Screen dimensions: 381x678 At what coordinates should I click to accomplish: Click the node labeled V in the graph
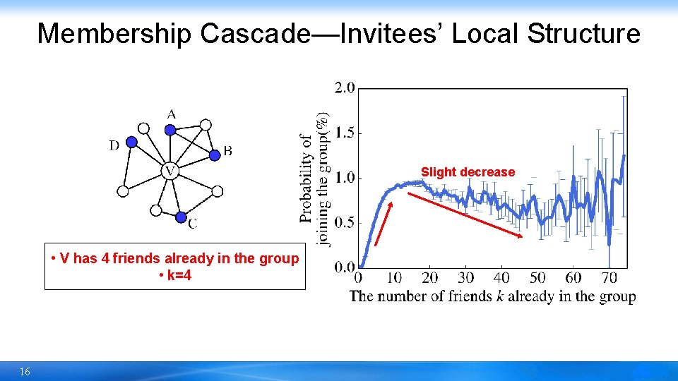(169, 171)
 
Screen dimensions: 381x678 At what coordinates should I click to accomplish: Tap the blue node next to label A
(169, 129)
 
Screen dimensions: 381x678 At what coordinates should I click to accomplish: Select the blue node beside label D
(131, 142)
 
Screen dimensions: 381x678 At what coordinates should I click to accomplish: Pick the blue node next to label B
(215, 155)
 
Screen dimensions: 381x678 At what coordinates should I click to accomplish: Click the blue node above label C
(181, 217)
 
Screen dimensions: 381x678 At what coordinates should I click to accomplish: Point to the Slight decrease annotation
(468, 172)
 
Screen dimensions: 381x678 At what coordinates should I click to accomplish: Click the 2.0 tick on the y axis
(345, 88)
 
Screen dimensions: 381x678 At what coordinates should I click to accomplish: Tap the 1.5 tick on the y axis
(345, 133)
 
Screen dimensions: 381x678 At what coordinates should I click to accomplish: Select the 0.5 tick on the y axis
(345, 223)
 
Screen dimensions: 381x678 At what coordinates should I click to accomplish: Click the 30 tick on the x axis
(465, 277)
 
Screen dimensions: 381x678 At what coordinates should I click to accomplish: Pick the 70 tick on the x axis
(609, 277)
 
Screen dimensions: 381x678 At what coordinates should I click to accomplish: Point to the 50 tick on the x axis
(537, 277)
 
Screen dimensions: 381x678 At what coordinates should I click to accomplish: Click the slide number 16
(25, 372)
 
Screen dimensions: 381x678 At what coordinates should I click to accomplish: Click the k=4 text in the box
(176, 274)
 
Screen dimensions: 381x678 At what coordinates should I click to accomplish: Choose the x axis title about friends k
(492, 296)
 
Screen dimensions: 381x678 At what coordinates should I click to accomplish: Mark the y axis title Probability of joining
(314, 178)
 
